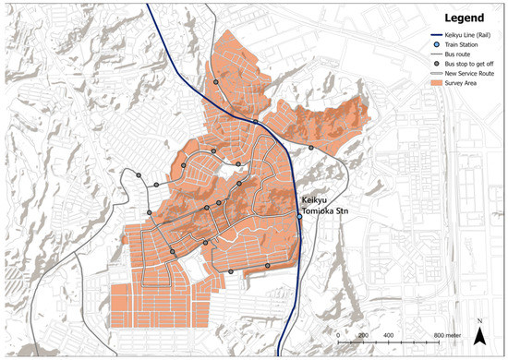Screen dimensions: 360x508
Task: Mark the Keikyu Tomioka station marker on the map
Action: click(298, 214)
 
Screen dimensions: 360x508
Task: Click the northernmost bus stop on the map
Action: click(216, 82)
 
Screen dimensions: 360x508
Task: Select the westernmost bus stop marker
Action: click(139, 174)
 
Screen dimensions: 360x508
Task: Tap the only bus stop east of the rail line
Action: click(311, 148)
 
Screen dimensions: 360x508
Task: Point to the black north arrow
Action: click(479, 337)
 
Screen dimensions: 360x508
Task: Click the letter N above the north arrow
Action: click(479, 322)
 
